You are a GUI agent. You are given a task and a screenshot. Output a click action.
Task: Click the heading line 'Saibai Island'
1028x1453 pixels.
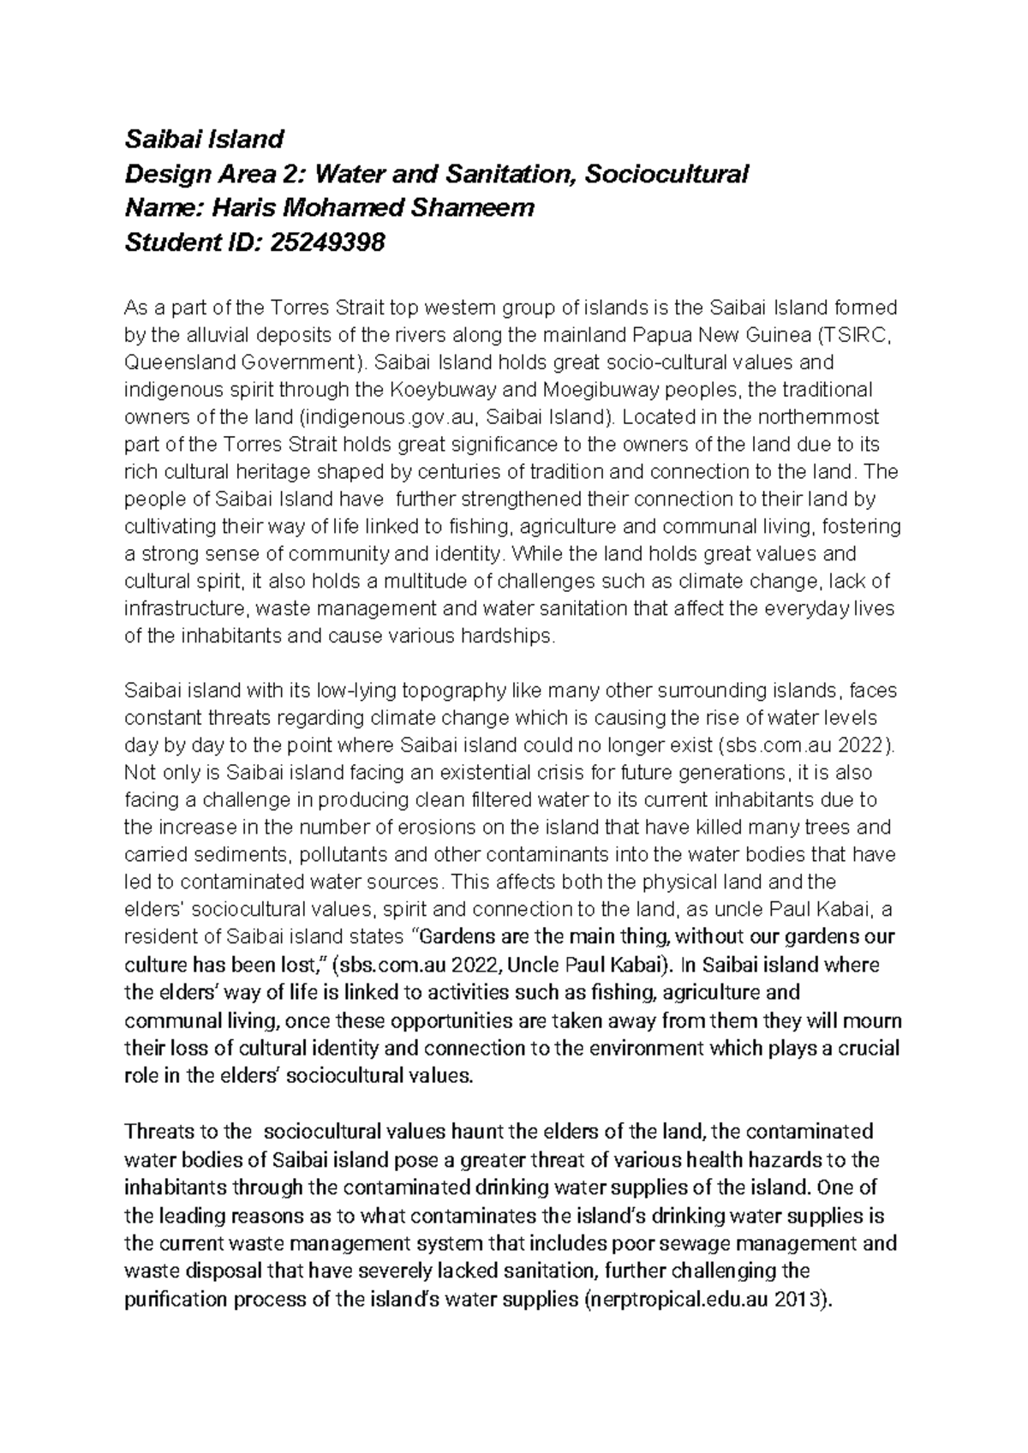204,139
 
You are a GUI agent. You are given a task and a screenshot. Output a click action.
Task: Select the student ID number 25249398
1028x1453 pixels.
327,243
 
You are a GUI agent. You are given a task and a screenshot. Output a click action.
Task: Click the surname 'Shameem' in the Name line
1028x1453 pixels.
480,208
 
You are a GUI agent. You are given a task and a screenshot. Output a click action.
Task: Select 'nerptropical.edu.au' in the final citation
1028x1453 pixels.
678,1299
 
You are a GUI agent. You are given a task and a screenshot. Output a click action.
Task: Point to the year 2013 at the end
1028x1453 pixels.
798,1299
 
